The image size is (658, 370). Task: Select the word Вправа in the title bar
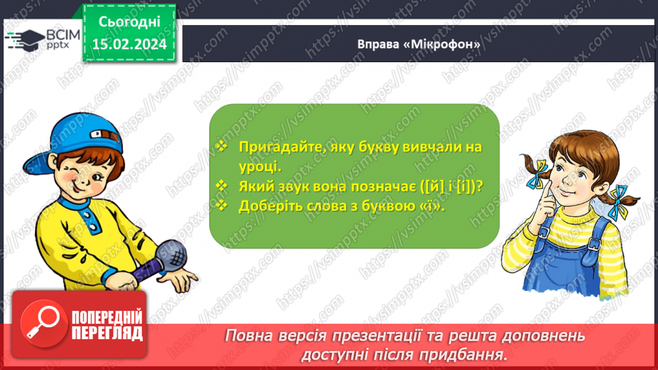[378, 44]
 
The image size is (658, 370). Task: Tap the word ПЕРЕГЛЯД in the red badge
[107, 333]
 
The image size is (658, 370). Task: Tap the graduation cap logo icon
[24, 39]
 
